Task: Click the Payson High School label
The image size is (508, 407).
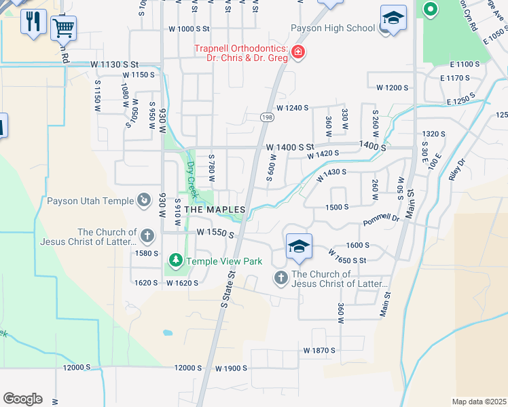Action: click(x=333, y=28)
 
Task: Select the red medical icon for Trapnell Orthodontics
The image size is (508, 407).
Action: click(x=297, y=52)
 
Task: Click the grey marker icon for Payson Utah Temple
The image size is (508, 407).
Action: click(x=144, y=200)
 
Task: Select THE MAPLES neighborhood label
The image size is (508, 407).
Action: click(x=214, y=210)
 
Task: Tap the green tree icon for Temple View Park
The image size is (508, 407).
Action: click(x=175, y=260)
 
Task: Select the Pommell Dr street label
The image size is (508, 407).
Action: click(x=382, y=218)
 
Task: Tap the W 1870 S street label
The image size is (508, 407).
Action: click(x=319, y=350)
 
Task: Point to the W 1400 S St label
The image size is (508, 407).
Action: click(x=290, y=147)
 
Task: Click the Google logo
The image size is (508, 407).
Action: click(x=22, y=399)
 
